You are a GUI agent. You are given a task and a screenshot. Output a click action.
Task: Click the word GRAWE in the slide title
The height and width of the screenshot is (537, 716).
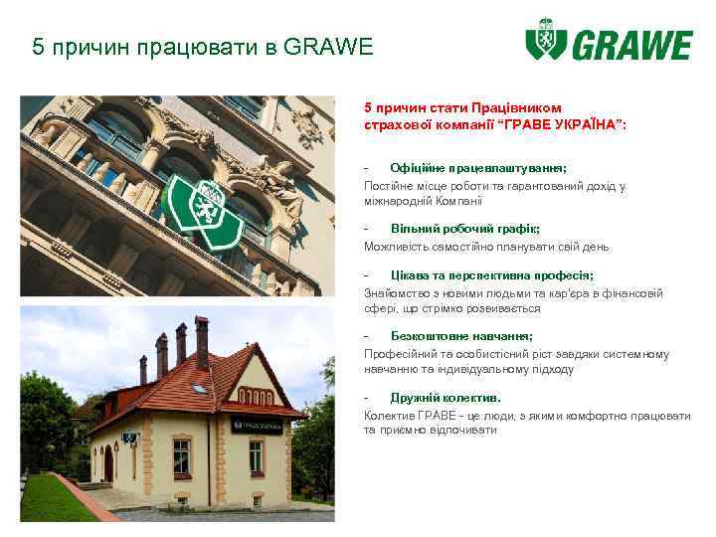pos(329,47)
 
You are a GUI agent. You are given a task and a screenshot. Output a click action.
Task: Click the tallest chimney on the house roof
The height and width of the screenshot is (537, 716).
pos(202,342)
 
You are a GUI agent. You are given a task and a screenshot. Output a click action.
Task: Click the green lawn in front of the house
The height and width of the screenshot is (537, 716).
pos(55,497)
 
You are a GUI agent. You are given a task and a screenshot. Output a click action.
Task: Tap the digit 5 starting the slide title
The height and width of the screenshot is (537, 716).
pos(38,47)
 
